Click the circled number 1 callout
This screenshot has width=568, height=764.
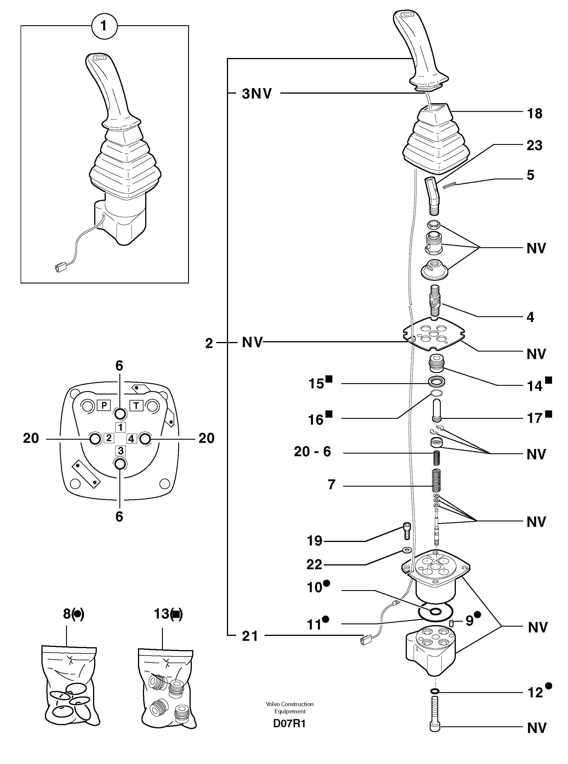(104, 26)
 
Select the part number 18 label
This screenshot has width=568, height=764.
(534, 113)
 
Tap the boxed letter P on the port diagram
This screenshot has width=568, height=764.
(103, 405)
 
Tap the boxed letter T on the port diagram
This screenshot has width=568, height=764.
(136, 406)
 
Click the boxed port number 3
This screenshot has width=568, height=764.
(120, 450)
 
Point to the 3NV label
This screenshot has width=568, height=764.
(256, 94)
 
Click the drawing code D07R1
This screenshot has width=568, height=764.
(289, 723)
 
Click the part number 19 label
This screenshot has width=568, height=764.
(314, 541)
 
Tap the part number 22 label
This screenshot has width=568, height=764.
(314, 564)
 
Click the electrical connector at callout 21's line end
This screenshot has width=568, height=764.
(364, 640)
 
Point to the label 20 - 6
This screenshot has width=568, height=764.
(312, 452)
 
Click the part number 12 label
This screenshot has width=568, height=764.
(535, 692)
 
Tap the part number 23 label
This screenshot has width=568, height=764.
(534, 145)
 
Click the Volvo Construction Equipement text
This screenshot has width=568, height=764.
(290, 707)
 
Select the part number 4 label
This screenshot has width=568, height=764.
(530, 317)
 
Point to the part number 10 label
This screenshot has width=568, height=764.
(314, 587)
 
